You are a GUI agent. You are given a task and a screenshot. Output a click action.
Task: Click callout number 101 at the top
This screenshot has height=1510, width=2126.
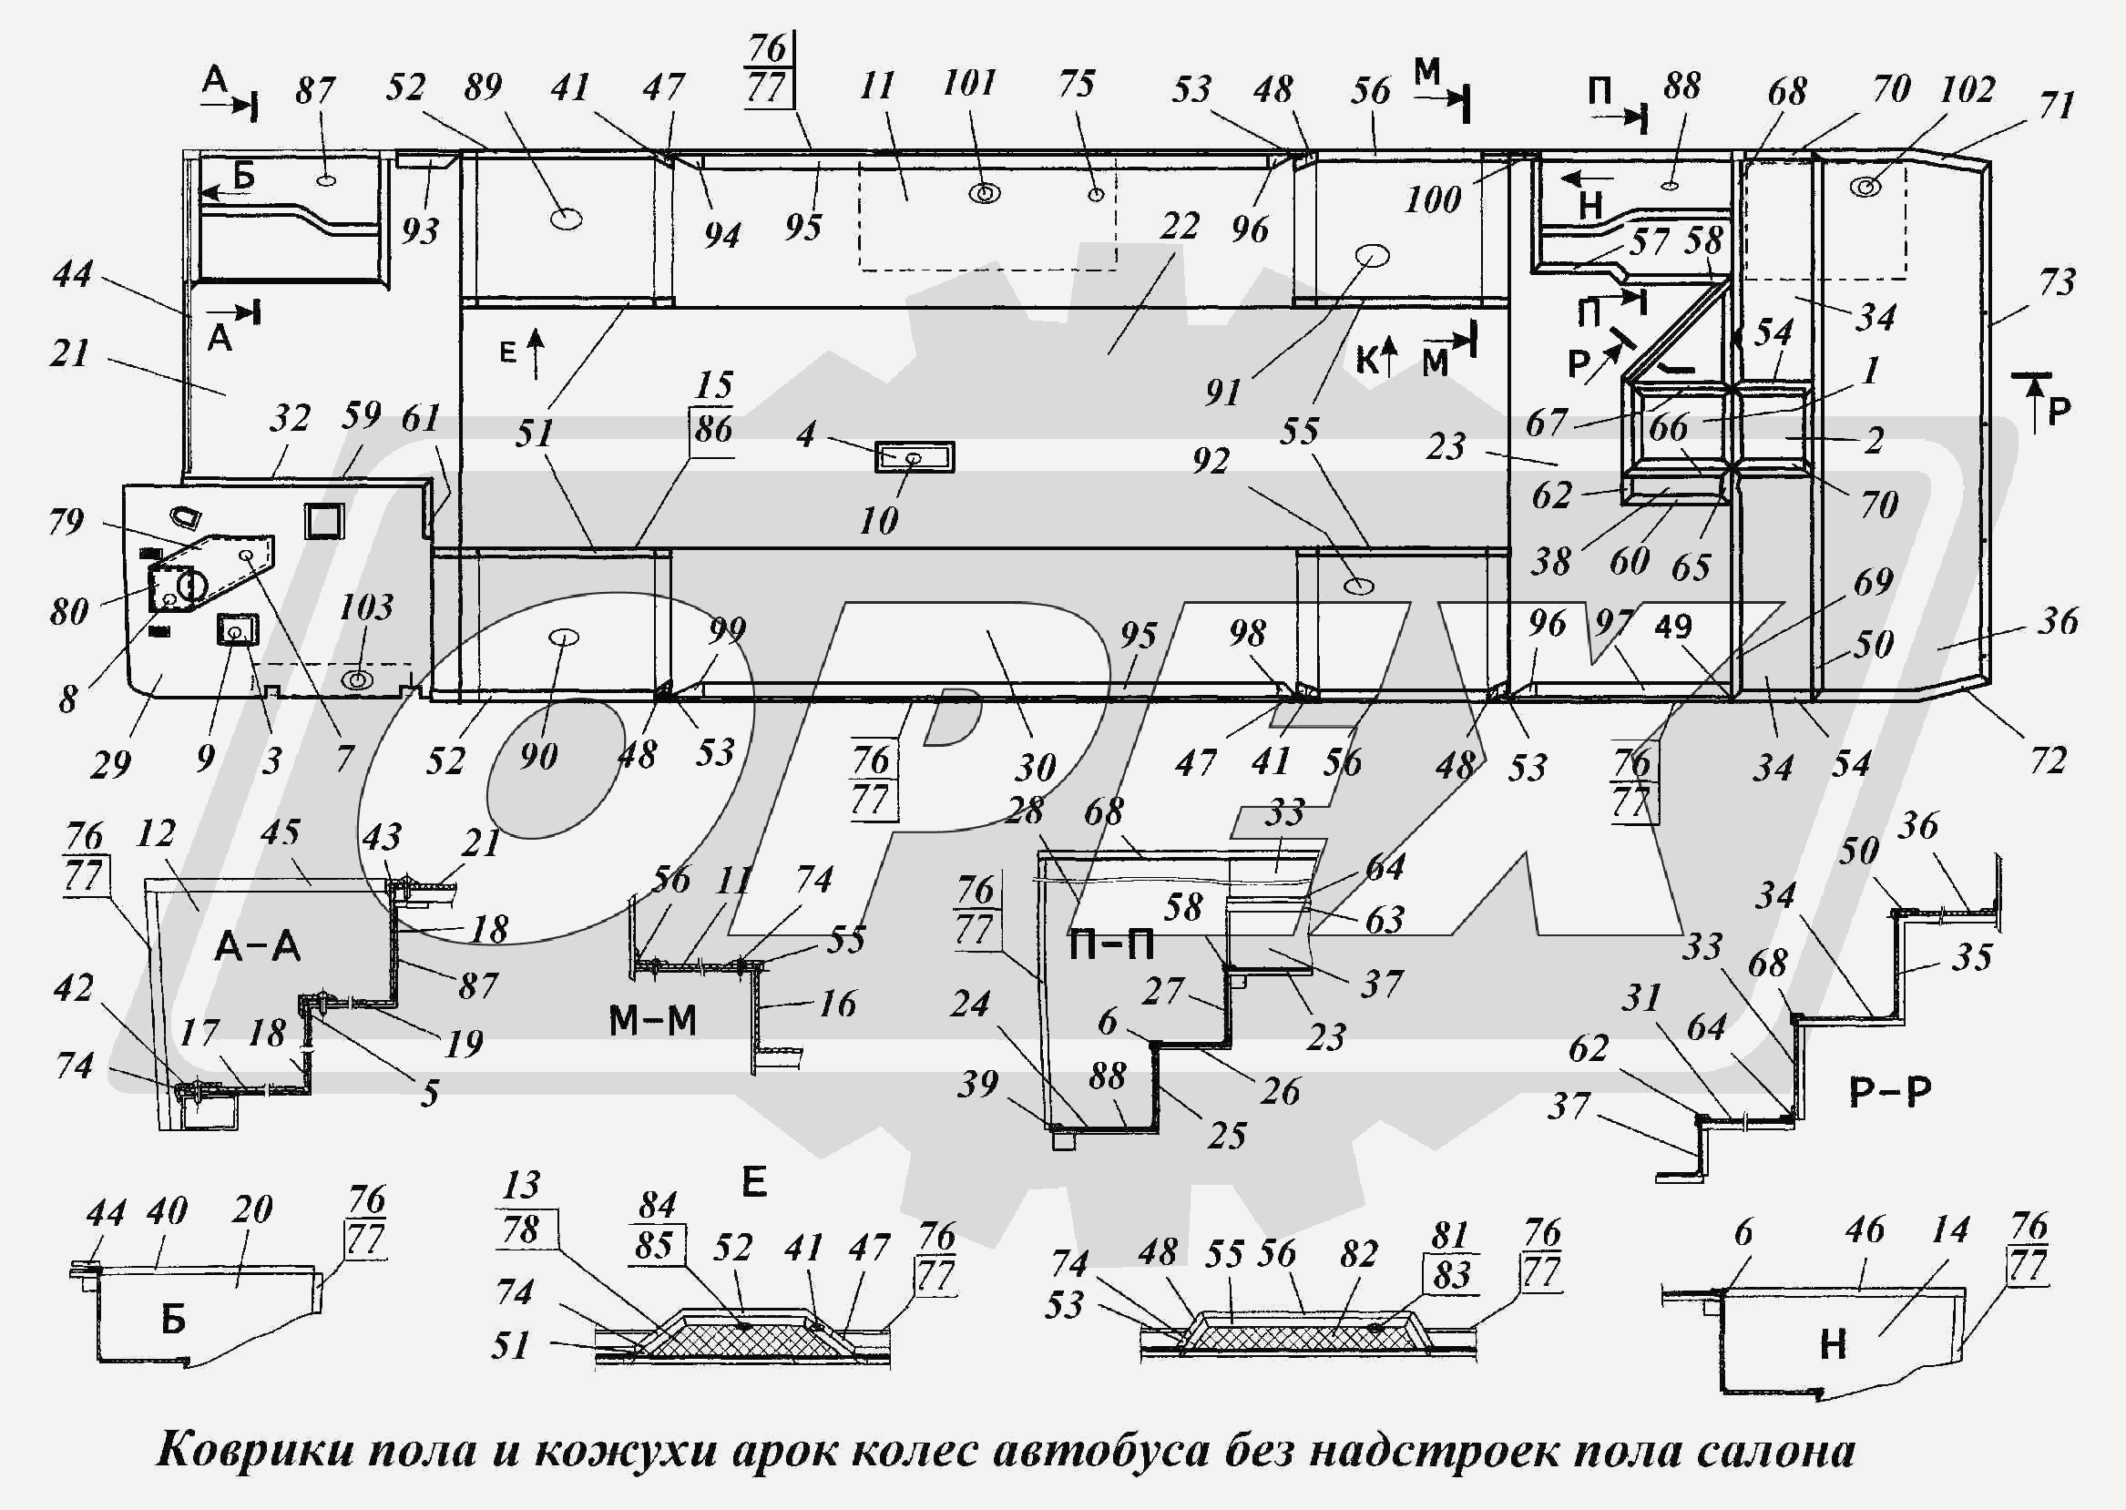(x=969, y=84)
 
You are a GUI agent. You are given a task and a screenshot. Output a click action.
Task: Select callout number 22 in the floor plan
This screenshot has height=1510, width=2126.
(x=1180, y=226)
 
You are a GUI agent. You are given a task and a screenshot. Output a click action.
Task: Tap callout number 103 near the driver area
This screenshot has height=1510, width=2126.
(x=365, y=608)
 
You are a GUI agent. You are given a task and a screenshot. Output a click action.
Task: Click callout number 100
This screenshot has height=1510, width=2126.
(x=1433, y=199)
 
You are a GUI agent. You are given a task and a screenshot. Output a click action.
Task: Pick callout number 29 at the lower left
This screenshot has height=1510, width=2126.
(x=110, y=764)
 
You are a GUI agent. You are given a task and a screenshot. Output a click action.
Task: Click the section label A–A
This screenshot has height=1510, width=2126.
(x=257, y=947)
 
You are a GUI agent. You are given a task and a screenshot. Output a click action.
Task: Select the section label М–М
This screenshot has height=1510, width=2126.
(x=652, y=1022)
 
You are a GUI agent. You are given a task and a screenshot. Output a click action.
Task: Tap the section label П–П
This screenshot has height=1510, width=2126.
(x=1110, y=945)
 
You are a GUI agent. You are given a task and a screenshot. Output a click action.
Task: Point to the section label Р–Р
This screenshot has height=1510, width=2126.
(x=1889, y=1092)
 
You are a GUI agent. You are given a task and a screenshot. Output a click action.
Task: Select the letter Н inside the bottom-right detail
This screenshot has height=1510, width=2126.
(x=1832, y=1345)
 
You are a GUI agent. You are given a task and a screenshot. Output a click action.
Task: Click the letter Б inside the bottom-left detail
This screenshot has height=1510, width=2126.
(x=173, y=1320)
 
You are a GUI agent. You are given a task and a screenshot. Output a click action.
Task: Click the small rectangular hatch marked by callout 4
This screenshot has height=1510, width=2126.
(x=915, y=457)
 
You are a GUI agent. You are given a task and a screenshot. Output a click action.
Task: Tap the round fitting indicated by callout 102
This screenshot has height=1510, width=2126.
(x=1864, y=187)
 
